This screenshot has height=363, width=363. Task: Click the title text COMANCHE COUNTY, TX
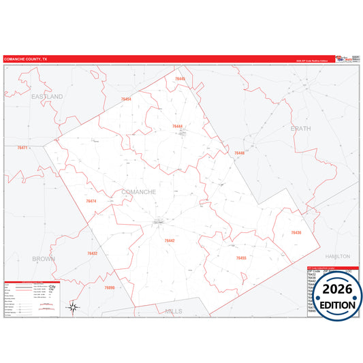26,60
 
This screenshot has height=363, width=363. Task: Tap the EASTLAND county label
47,97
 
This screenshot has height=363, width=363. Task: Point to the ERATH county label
300,128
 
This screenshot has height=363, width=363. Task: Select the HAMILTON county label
337,256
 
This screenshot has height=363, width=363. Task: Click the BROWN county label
44,259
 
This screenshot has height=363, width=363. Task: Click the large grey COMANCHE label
138,192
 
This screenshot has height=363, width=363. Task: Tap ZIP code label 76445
180,79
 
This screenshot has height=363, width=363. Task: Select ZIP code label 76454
126,99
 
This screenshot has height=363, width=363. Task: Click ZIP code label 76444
178,127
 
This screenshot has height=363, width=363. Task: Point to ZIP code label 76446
239,153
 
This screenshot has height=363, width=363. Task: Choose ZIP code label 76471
22,148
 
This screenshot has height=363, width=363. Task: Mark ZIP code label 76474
91,202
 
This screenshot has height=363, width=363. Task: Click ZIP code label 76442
170,240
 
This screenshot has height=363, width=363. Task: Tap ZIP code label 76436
296,233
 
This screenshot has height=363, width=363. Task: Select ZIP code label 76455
241,258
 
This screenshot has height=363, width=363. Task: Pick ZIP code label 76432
93,253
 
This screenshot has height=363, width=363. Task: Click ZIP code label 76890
110,288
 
